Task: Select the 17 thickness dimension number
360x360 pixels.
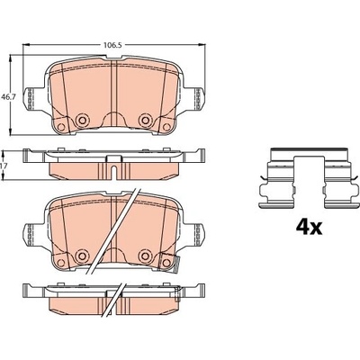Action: [4, 166]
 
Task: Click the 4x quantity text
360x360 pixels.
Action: [309, 228]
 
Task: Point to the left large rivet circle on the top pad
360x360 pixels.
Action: [81, 120]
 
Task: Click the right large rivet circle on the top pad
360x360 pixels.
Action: [145, 120]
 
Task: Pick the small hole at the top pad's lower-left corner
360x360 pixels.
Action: [61, 127]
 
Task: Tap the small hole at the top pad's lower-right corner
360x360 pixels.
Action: [166, 127]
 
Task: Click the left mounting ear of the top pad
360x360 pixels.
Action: [31, 97]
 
